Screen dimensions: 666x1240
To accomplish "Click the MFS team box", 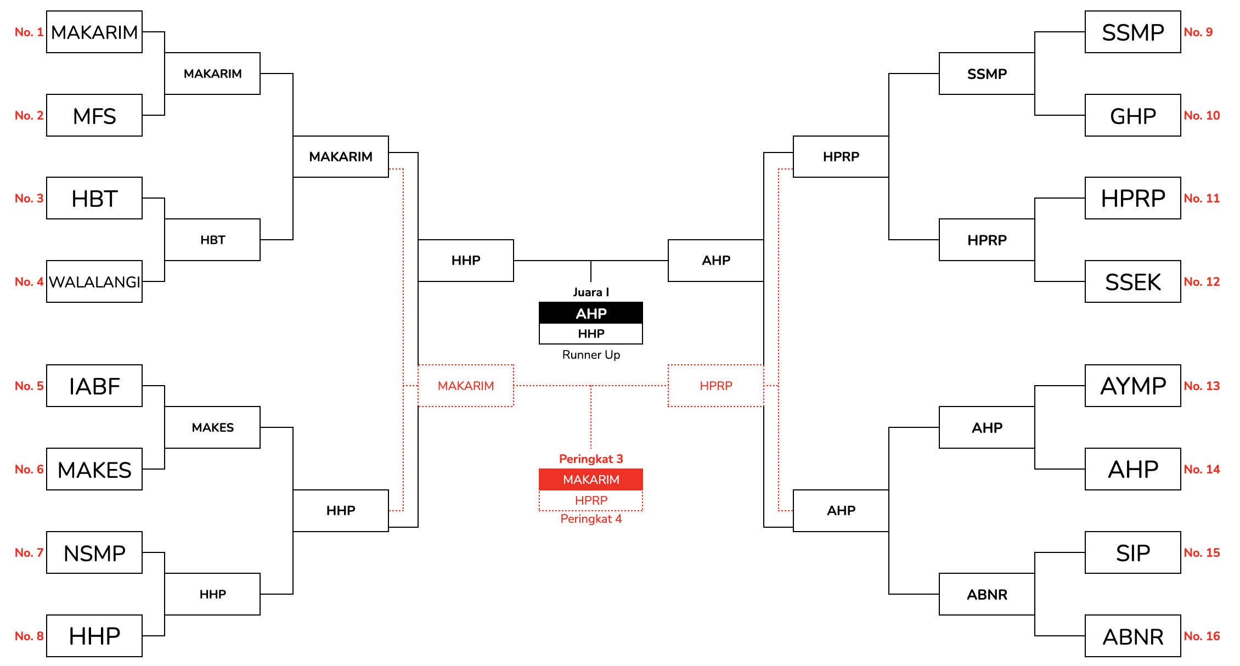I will click(x=94, y=115).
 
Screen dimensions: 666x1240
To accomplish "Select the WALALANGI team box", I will click(x=94, y=281).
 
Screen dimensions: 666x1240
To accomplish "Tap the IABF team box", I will click(x=94, y=386).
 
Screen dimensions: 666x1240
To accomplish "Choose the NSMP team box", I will click(x=94, y=552).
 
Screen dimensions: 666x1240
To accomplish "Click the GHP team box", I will click(x=1132, y=115).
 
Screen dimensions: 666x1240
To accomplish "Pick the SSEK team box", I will click(x=1132, y=281).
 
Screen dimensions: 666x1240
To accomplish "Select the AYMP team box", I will click(x=1132, y=386).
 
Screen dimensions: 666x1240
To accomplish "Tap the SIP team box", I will click(x=1132, y=552).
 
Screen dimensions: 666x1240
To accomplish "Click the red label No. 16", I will click(x=1202, y=636).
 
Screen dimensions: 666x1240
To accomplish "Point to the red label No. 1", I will click(x=29, y=32).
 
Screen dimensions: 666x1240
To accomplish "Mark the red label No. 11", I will click(x=1202, y=198).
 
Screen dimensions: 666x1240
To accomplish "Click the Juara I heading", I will click(x=591, y=292).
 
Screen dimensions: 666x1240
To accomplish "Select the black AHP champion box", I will click(x=591, y=313).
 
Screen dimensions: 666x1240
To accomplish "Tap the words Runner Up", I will click(x=591, y=355).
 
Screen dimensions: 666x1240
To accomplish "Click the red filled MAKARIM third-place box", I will click(x=591, y=479).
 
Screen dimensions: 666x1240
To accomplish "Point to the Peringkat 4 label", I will click(x=591, y=519).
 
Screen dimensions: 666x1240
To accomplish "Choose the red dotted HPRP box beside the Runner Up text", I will click(x=715, y=386).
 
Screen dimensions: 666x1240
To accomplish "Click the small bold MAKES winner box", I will click(x=212, y=427).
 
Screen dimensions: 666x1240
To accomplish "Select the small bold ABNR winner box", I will click(x=987, y=594).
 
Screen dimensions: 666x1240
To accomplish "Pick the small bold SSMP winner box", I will click(x=987, y=74).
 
